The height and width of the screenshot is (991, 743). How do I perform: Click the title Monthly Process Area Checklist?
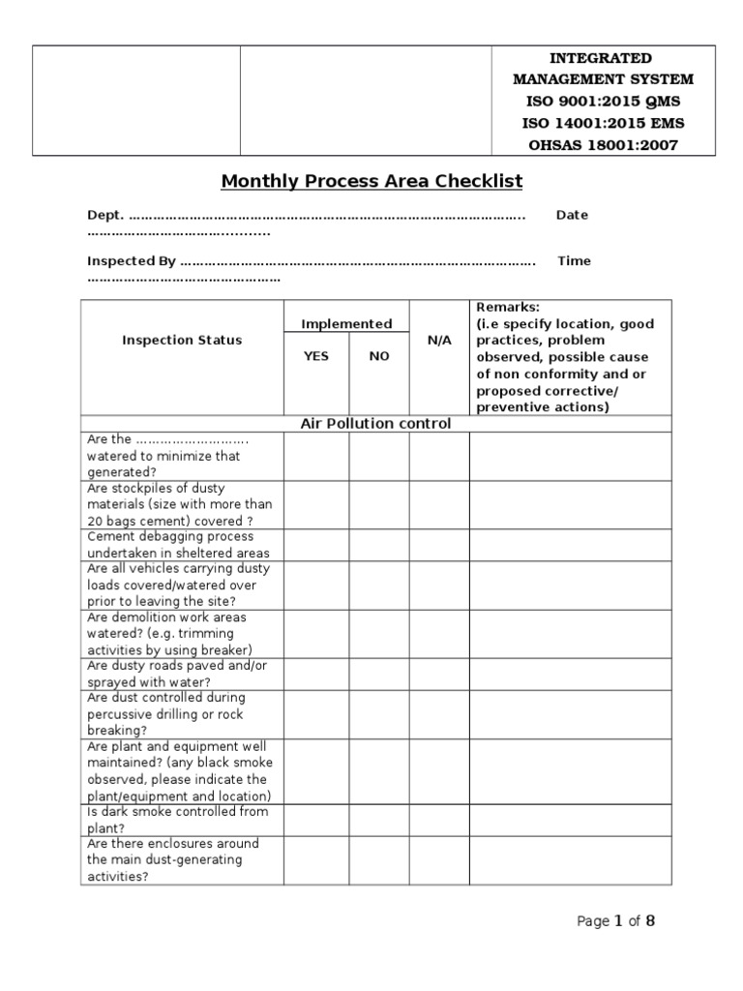tap(371, 181)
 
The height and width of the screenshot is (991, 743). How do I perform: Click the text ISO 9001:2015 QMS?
tap(603, 102)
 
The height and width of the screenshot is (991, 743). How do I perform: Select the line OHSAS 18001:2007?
tap(603, 145)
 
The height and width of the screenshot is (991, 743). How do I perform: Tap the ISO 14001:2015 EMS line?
tap(603, 124)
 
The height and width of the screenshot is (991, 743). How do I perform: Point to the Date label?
tap(572, 215)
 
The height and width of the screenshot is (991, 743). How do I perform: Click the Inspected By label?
tap(132, 260)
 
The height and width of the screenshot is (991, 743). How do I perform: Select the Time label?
tap(574, 260)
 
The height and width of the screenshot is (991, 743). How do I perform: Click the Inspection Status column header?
tap(182, 340)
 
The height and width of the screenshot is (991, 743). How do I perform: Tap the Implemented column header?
tap(346, 324)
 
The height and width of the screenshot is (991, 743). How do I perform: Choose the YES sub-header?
tap(316, 356)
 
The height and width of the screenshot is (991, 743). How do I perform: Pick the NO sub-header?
tap(379, 356)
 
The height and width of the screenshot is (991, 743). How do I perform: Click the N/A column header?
tap(439, 341)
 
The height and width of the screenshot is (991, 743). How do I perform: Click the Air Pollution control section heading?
tap(375, 424)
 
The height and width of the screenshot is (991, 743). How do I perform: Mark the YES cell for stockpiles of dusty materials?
tap(316, 504)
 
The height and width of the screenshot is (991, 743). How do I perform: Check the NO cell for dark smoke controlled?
tap(379, 820)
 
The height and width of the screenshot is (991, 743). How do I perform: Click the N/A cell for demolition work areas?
tap(439, 634)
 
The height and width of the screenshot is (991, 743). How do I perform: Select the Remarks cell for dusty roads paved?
tap(570, 675)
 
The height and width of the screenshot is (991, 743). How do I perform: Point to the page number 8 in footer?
tap(650, 921)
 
